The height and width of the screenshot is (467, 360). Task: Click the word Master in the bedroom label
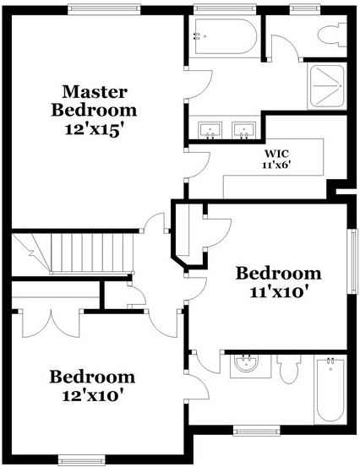click(95, 92)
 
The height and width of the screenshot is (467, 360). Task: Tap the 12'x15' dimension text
click(94, 130)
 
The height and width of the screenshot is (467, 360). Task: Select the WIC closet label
click(276, 154)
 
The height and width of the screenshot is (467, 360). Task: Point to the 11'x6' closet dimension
click(276, 165)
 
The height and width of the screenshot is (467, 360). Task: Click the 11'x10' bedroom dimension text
click(278, 292)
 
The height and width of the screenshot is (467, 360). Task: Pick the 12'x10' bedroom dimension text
click(93, 396)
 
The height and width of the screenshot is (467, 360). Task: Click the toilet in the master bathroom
click(332, 35)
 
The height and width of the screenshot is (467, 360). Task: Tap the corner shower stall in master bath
click(327, 86)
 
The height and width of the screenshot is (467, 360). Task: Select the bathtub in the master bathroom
click(223, 36)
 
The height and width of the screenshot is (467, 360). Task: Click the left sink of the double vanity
click(210, 130)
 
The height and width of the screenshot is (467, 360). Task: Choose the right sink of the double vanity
click(244, 130)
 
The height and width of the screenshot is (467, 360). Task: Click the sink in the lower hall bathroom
click(246, 364)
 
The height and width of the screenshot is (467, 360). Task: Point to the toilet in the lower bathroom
click(288, 369)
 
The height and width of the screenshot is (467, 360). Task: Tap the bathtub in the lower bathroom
click(330, 389)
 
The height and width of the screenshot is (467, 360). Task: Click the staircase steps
click(91, 253)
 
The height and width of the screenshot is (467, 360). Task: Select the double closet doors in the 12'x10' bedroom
click(51, 323)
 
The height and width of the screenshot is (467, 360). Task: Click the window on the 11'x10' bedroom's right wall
click(353, 261)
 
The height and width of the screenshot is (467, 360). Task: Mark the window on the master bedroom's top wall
click(104, 9)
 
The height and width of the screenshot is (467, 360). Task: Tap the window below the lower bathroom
click(257, 431)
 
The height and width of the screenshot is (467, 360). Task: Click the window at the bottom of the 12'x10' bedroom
click(82, 460)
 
